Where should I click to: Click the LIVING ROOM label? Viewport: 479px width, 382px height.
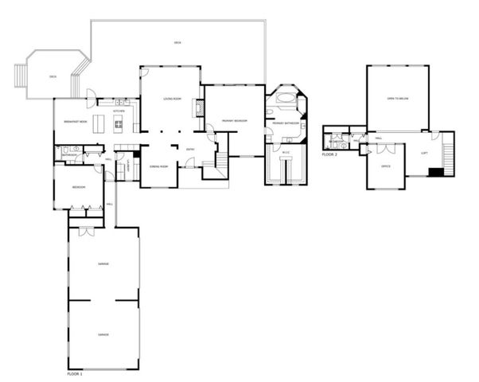pyautogui.click(x=169, y=99)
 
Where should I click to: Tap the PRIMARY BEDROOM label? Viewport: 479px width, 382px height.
pyautogui.click(x=234, y=120)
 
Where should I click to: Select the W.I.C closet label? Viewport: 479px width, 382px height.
pyautogui.click(x=286, y=151)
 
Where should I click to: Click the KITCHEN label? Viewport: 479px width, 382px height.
pyautogui.click(x=118, y=111)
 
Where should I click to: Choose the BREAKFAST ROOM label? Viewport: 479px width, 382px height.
pyautogui.click(x=76, y=121)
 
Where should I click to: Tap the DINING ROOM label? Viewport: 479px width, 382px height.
pyautogui.click(x=159, y=166)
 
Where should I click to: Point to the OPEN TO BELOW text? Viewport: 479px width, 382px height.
pyautogui.click(x=397, y=99)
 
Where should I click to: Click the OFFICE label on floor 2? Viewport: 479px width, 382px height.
pyautogui.click(x=385, y=166)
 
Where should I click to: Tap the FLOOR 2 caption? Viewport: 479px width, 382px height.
pyautogui.click(x=330, y=154)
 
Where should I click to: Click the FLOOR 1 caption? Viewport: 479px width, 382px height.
pyautogui.click(x=76, y=372)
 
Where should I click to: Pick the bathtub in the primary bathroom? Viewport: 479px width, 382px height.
pyautogui.click(x=284, y=102)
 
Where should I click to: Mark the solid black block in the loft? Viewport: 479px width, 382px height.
pyautogui.click(x=435, y=171)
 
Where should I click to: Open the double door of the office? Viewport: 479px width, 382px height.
pyautogui.click(x=365, y=149)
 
